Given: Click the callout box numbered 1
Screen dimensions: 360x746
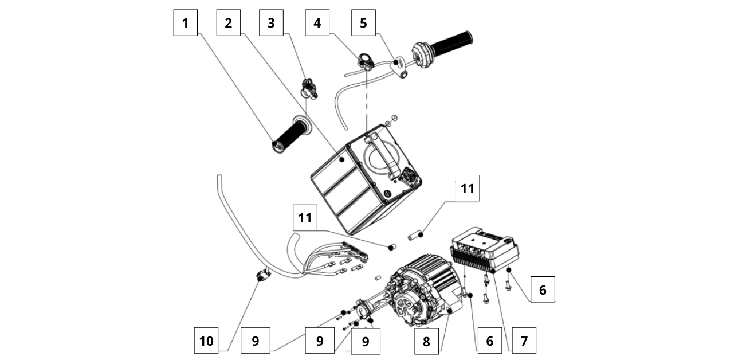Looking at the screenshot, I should coord(185,23).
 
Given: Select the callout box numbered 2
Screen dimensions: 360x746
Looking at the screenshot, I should coord(229,23).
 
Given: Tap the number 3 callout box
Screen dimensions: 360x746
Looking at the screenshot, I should coord(271,23).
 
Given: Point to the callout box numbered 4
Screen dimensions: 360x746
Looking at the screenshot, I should coord(317,23).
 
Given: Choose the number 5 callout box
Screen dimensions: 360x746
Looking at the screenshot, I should coord(363,23).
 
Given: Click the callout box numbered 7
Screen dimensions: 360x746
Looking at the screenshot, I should coord(524,341).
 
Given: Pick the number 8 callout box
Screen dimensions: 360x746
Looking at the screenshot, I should coord(426,341).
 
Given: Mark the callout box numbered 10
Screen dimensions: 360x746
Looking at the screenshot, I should coord(206,341).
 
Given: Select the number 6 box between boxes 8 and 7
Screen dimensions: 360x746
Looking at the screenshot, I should coord(489,341).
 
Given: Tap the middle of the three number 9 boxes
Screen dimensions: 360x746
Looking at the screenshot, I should coord(320,341).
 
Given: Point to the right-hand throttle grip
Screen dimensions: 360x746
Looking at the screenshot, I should coord(452,44).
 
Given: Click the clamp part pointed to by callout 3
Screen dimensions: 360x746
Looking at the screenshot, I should coord(309,88).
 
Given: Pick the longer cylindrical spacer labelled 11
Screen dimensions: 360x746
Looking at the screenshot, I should coord(415,234).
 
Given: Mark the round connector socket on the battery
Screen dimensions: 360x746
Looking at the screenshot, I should coord(410,175).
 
